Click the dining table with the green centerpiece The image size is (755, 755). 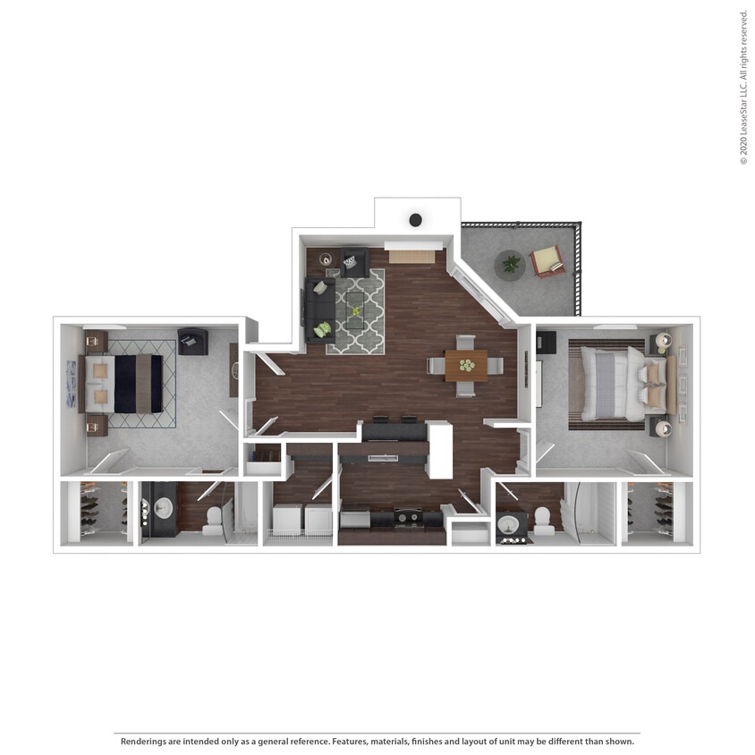pos(466,365)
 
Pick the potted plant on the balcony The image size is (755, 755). pos(511,264)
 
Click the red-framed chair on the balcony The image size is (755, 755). pos(547,261)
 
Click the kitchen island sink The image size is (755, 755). pos(383,458)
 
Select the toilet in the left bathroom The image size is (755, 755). pos(213,519)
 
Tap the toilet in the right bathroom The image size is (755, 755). pos(543,521)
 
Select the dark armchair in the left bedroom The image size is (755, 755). pos(192,341)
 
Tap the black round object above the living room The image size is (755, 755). pos(416,219)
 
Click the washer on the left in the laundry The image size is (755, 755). pos(287,519)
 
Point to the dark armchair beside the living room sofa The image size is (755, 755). pos(354,260)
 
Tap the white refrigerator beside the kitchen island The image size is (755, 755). pos(440,450)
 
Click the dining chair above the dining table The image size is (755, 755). pos(466,342)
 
